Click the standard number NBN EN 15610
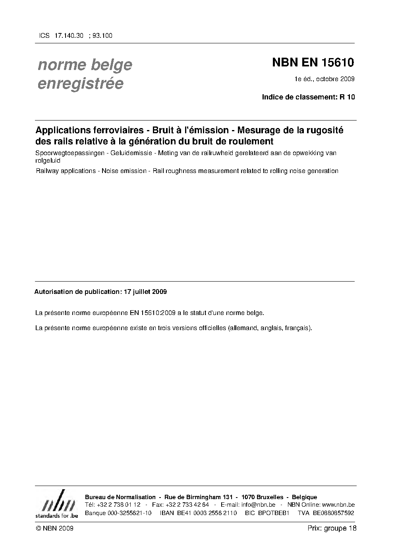[x=313, y=63]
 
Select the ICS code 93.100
[x=102, y=36]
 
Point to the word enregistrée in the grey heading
[x=80, y=84]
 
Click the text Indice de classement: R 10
[x=308, y=97]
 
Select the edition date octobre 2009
[x=336, y=79]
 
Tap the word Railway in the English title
[x=47, y=171]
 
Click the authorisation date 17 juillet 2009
[x=145, y=292]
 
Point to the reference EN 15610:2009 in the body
[x=153, y=313]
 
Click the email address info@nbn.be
[x=258, y=505]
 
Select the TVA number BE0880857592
[x=333, y=513]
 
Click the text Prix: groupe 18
[x=332, y=529]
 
